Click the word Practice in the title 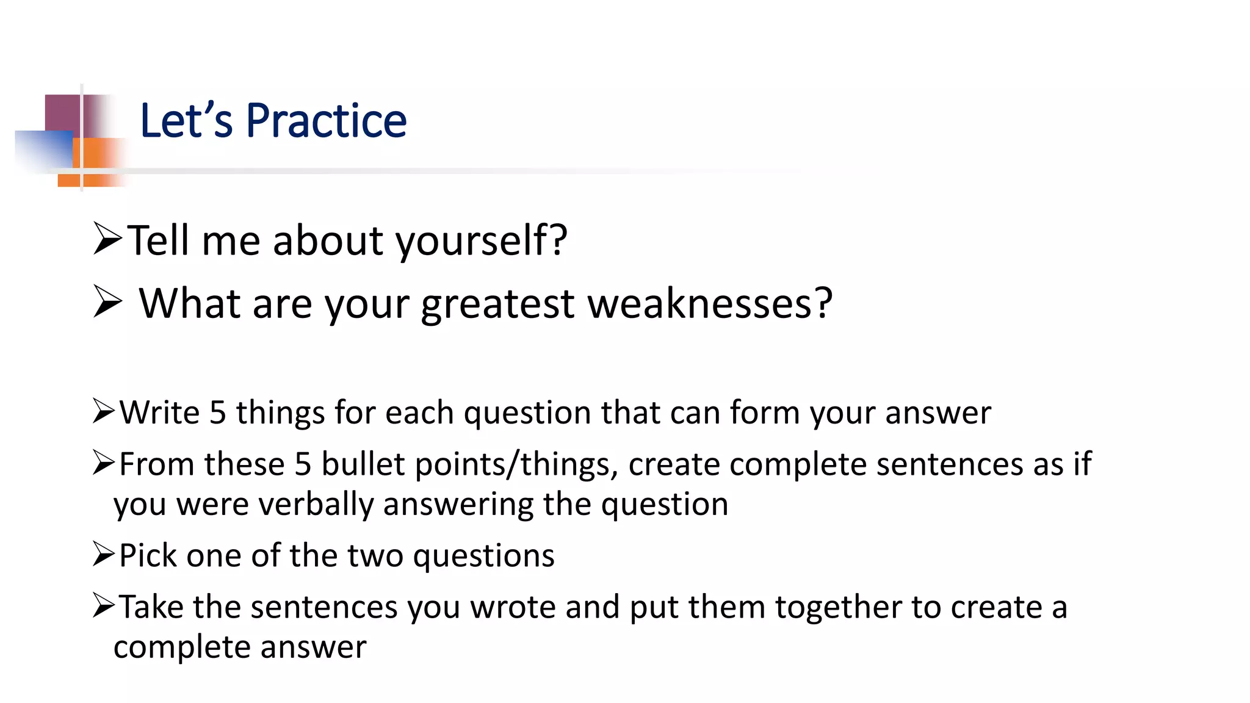[326, 121]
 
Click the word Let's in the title [186, 121]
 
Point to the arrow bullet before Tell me [108, 239]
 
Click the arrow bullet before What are [108, 302]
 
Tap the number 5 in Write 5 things [218, 413]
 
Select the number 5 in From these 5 [303, 465]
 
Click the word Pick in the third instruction [147, 556]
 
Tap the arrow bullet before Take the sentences [104, 605]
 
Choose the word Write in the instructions [159, 413]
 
